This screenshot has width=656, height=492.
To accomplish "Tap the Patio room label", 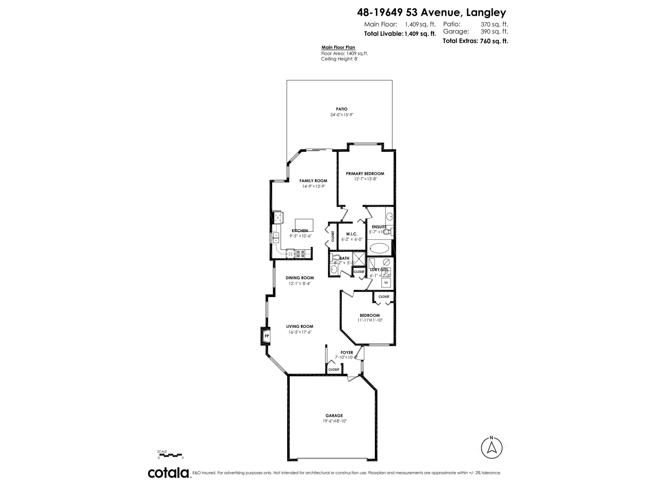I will [342, 109].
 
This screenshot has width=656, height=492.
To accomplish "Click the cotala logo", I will [168, 473].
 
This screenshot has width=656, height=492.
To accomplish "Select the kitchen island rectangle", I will [304, 225].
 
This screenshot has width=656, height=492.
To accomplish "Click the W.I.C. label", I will [351, 234].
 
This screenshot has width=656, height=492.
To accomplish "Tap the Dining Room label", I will [300, 278].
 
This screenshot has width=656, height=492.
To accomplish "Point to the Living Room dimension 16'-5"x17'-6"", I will [300, 332].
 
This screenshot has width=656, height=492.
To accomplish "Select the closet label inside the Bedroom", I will [384, 297].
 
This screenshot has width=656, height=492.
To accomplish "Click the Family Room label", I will [313, 181].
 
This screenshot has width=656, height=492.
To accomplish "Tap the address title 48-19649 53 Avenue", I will [431, 12].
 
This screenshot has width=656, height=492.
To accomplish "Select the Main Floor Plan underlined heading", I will [338, 47].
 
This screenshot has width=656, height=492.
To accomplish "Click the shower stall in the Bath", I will [359, 259].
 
